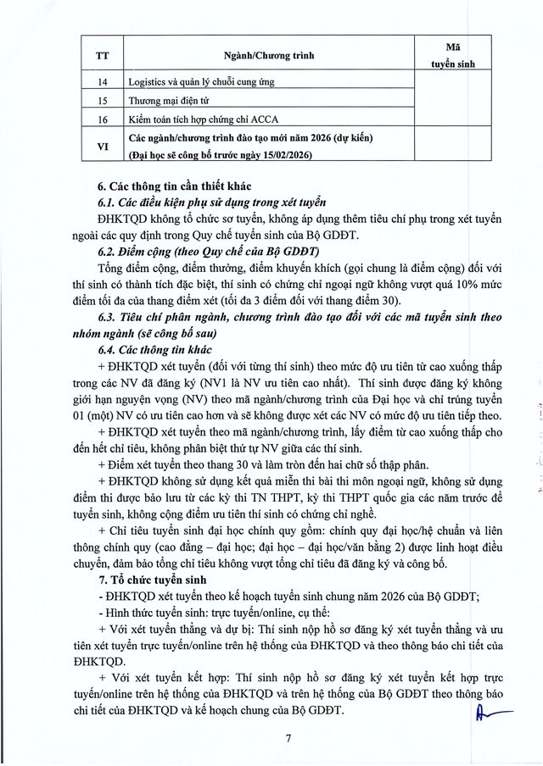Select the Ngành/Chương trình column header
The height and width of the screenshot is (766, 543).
coord(269,55)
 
